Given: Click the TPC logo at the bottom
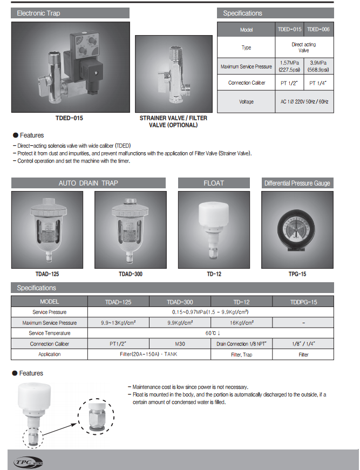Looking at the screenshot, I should click(29, 462).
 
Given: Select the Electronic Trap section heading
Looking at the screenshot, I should click(39, 13).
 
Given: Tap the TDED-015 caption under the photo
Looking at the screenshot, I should click(70, 118).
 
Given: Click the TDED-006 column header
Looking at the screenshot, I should click(318, 30).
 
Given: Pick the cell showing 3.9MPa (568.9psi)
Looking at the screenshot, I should click(318, 66).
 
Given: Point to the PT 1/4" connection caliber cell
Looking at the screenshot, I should click(318, 83).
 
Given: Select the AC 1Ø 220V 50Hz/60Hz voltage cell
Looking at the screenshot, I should click(304, 101).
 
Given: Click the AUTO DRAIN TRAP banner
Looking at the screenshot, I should click(89, 183).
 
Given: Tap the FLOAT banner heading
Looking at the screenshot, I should click(214, 183).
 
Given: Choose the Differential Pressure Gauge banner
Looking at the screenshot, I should click(297, 183).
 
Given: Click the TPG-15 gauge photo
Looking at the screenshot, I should click(297, 229).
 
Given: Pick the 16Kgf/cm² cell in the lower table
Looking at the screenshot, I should click(241, 323).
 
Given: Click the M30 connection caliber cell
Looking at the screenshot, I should click(180, 344).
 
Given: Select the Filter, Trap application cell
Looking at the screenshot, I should click(241, 355).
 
